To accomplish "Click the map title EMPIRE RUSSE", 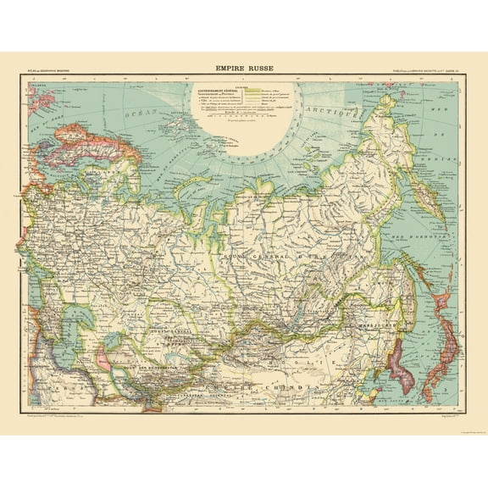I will (244, 73).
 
